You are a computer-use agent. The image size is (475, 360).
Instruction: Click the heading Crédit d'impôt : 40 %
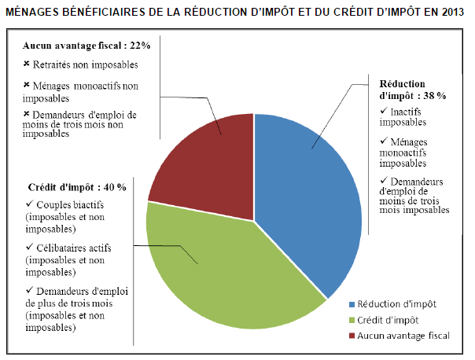coord(76,187)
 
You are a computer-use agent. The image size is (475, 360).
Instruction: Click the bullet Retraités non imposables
coord(87,64)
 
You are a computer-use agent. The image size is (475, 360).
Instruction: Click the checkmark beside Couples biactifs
coord(29,205)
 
